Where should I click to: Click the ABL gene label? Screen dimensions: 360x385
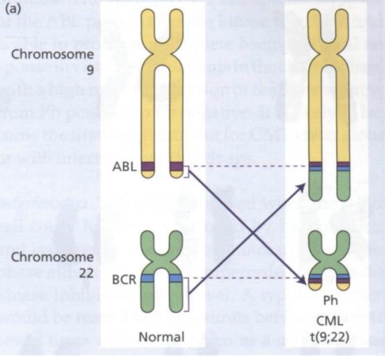tap(124, 167)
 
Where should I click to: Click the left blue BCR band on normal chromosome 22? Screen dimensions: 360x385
tap(148, 278)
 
